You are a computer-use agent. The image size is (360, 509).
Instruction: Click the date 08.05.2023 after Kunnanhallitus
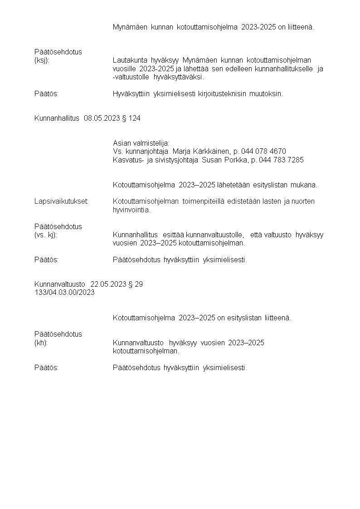pos(102,118)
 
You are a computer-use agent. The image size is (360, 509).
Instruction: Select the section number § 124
pos(131,118)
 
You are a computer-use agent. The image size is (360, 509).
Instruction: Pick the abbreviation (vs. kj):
pos(45,235)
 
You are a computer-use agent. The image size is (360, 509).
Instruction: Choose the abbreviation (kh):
pos(41,343)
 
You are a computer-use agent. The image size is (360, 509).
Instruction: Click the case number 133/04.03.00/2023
pos(64,293)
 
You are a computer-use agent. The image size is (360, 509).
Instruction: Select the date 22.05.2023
pos(108,284)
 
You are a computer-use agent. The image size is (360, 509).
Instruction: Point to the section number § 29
pos(136,284)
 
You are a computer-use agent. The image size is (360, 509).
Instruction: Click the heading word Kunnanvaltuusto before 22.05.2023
pos(59,284)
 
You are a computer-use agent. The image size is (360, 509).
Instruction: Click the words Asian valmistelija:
pos(141,143)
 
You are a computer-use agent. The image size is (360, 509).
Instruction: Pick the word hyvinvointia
pos(131,210)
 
